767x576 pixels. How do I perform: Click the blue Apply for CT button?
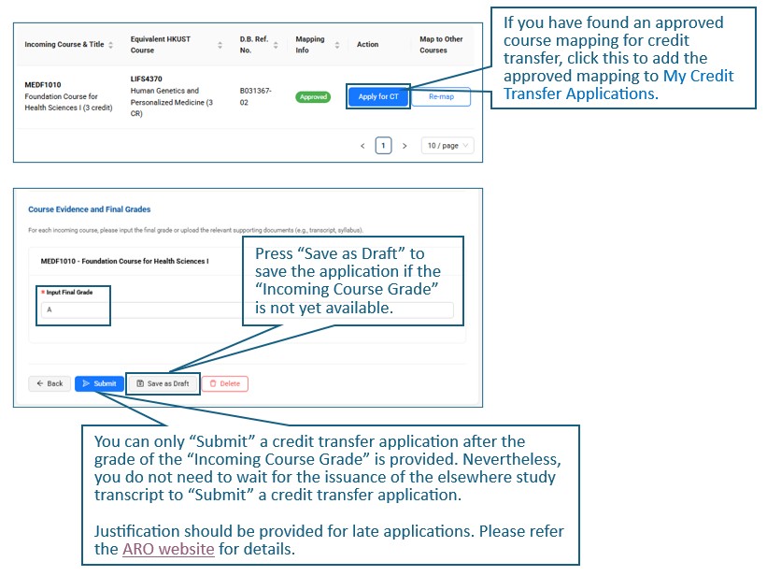378,96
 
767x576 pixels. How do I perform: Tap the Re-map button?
441,96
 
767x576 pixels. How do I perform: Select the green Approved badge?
313,97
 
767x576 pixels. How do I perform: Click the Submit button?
99,383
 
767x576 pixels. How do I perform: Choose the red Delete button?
225,383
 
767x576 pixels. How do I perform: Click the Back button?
50,383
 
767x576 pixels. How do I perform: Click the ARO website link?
168,549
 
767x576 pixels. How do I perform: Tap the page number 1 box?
383,146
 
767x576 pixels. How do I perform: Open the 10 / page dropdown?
447,146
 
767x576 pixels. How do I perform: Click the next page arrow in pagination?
405,146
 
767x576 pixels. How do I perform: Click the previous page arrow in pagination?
362,146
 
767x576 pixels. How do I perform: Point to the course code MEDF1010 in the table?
43,85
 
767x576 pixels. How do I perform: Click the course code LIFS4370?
147,79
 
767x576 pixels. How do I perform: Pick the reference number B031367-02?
255,96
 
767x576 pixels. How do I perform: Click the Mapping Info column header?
309,45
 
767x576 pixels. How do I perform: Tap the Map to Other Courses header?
441,45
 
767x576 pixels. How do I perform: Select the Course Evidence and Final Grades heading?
90,209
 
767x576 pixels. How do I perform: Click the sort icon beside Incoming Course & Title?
110,45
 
